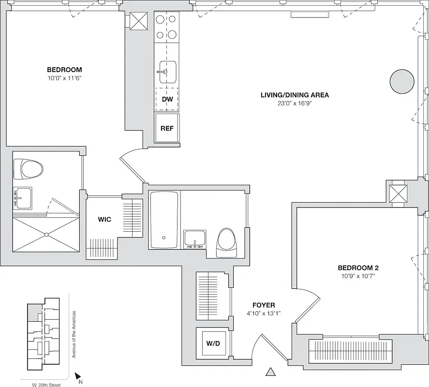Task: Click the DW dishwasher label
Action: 167,100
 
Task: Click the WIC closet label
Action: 104,220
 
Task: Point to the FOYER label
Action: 264,305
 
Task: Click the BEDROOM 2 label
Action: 357,268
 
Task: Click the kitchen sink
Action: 167,72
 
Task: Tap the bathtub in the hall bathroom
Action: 164,220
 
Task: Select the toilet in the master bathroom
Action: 29,169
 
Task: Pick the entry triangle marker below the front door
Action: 270,372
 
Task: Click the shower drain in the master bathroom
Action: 46,235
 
